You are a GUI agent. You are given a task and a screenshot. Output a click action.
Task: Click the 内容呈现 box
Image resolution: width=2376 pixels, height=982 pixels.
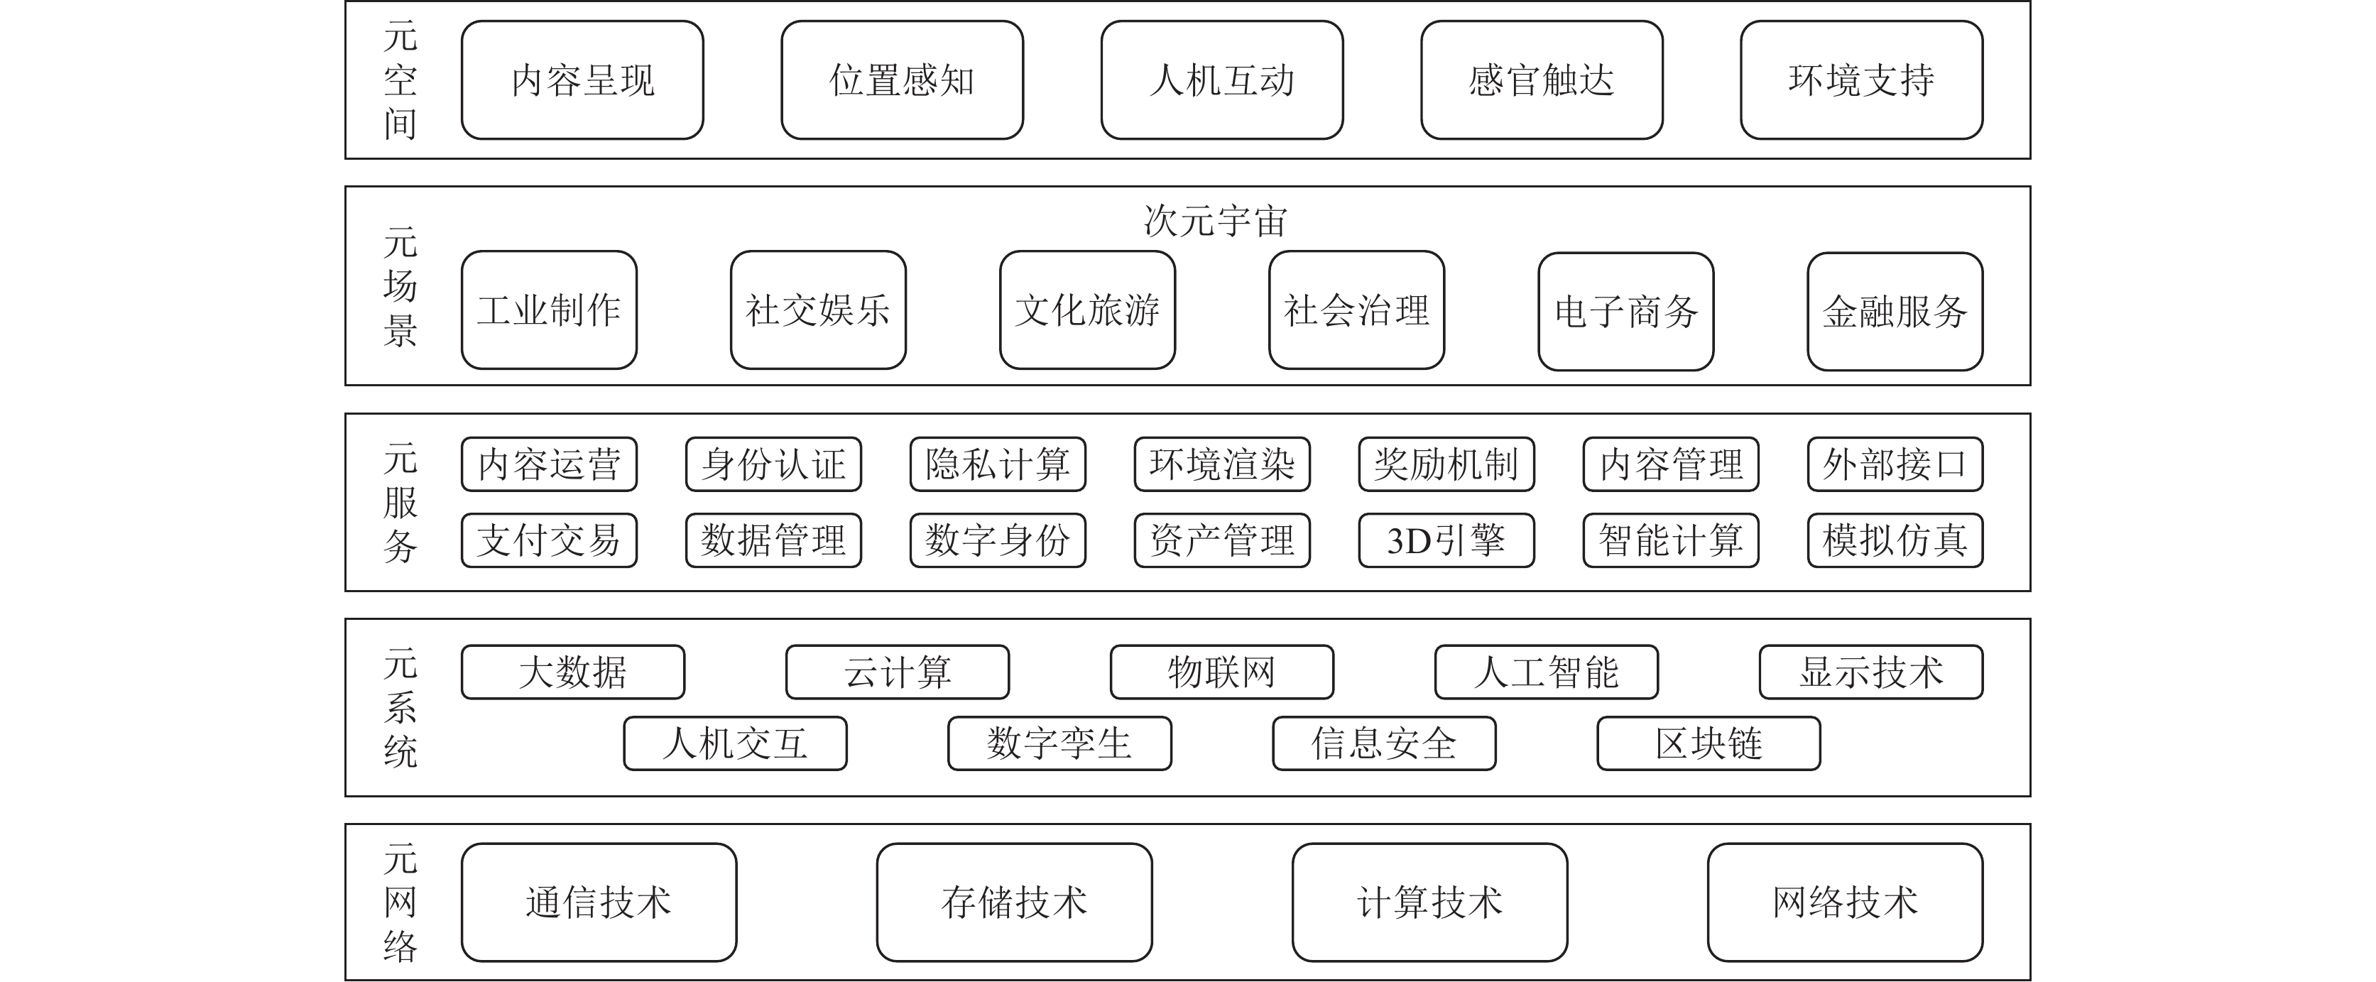tap(582, 80)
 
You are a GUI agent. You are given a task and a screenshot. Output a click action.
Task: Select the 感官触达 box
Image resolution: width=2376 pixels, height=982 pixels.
tap(1541, 80)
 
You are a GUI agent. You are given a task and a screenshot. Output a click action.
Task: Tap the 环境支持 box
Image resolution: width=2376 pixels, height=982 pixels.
tap(1861, 80)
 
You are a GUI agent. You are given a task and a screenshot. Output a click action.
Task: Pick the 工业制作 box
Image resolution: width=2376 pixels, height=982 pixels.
tap(549, 310)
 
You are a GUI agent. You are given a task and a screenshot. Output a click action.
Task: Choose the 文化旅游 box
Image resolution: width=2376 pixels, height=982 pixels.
tap(1087, 310)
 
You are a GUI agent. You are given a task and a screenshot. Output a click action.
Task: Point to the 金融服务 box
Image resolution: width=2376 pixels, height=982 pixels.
tap(1895, 312)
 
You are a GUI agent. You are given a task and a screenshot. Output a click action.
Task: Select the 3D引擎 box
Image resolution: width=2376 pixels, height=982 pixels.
tap(1446, 540)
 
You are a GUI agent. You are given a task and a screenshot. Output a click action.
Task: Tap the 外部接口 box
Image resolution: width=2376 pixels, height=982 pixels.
tap(1895, 464)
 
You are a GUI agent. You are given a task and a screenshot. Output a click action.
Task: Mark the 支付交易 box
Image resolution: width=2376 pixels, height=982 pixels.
tap(549, 540)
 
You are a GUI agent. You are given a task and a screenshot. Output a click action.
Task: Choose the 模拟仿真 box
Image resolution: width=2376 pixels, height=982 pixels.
tap(1895, 540)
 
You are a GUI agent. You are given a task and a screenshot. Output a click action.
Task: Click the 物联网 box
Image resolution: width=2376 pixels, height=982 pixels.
tap(1221, 672)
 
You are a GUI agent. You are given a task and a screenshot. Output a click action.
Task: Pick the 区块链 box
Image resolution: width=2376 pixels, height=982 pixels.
tap(1709, 743)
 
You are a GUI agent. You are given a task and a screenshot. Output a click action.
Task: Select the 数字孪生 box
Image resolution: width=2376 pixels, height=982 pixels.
tap(1059, 743)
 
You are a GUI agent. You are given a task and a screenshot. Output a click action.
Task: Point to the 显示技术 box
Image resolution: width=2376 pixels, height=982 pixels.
tap(1870, 672)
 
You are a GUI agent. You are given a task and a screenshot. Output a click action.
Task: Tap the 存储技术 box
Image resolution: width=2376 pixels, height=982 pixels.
tap(1014, 902)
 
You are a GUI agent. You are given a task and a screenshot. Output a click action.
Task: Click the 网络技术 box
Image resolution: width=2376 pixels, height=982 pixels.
tap(1845, 902)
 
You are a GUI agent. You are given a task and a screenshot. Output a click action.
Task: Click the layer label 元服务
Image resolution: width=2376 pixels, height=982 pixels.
tap(400, 503)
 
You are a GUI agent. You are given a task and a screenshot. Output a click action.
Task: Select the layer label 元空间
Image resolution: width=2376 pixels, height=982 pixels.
tap(400, 80)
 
